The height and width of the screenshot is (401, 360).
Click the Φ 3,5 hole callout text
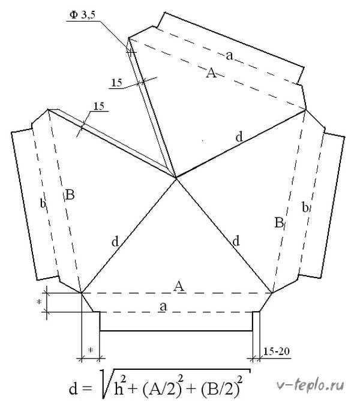(82, 15)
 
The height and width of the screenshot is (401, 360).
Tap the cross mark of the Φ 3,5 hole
(131, 52)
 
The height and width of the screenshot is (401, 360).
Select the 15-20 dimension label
(276, 351)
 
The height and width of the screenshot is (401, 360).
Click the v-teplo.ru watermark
(310, 385)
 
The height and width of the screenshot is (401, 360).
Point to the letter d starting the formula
(73, 388)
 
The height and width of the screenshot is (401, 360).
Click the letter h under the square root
(118, 389)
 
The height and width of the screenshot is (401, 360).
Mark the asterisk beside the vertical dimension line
(39, 302)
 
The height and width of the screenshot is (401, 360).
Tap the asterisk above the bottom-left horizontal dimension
(90, 350)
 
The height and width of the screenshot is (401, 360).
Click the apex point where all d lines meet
(176, 177)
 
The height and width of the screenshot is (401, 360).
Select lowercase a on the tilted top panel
(229, 56)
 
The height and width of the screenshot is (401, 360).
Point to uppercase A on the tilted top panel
(211, 73)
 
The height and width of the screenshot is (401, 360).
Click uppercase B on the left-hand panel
(70, 195)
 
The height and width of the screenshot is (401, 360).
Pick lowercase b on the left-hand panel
(43, 204)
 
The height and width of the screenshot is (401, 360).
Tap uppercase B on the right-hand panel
(279, 222)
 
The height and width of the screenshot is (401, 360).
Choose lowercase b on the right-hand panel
(305, 207)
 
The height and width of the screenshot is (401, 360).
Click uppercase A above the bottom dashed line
(179, 286)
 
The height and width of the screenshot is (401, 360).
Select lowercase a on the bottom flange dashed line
(163, 306)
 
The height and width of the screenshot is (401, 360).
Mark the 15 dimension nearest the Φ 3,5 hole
(116, 83)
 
